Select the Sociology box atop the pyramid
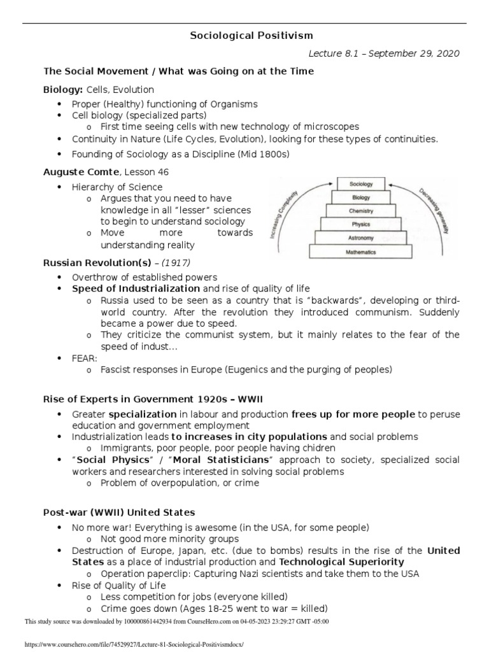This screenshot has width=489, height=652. tap(361, 184)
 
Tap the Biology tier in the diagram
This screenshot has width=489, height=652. tap(361, 197)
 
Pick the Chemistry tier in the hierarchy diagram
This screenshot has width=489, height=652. tap(361, 211)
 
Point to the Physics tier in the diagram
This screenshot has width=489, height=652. tap(361, 224)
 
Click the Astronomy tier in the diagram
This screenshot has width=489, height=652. tap(361, 237)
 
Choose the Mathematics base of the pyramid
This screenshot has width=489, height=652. tap(361, 252)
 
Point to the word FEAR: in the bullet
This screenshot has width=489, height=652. tap(85, 358)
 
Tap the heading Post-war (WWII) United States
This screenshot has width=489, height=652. tap(119, 512)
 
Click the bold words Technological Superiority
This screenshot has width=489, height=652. tap(342, 562)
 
